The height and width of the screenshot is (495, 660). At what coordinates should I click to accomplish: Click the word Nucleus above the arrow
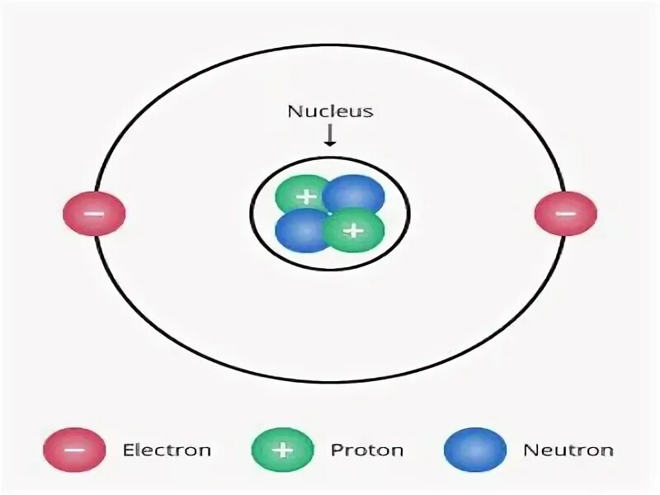click(x=330, y=111)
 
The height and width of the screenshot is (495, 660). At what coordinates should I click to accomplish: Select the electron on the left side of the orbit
click(x=94, y=214)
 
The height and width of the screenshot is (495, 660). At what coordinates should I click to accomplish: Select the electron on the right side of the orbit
click(x=565, y=214)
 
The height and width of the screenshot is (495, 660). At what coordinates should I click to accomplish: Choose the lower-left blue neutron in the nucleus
click(x=302, y=231)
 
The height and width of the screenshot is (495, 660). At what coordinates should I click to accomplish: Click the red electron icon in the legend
click(x=75, y=450)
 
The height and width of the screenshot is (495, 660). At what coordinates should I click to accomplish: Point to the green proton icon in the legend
click(x=283, y=450)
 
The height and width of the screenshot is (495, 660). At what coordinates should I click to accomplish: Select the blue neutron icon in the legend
click(x=475, y=450)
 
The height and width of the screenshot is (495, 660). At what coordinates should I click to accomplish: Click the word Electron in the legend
click(x=167, y=450)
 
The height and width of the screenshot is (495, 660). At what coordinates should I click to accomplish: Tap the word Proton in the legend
click(x=367, y=450)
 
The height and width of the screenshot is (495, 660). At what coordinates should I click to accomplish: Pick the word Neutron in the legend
click(x=568, y=450)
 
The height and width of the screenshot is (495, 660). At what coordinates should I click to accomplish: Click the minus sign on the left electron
click(x=94, y=214)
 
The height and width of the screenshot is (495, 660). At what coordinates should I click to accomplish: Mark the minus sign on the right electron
click(x=565, y=214)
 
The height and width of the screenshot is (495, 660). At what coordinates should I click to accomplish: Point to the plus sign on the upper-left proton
click(x=306, y=198)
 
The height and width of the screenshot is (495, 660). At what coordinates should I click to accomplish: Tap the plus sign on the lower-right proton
click(x=353, y=230)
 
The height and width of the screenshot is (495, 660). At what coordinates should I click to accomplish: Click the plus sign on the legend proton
click(x=283, y=450)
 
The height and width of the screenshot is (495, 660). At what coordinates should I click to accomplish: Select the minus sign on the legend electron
click(x=75, y=450)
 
